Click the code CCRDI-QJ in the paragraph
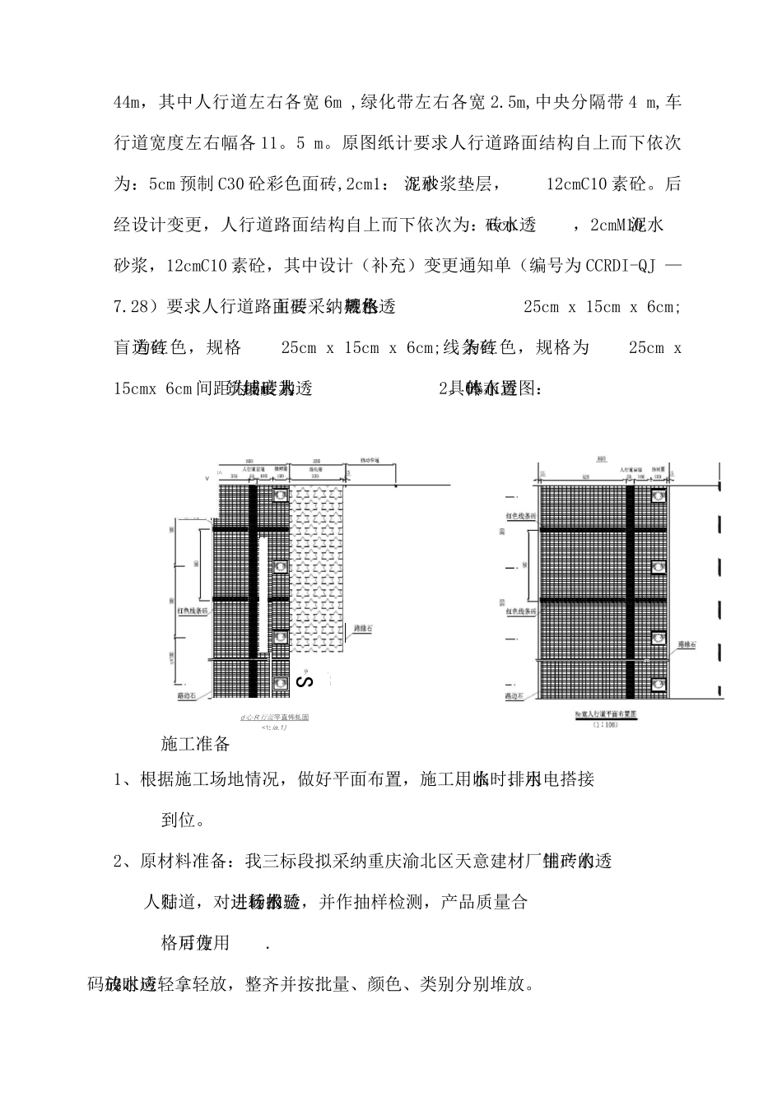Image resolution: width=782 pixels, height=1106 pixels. point(623,266)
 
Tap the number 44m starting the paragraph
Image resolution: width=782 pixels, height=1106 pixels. point(128,103)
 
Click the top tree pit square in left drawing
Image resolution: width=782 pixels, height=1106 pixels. point(282,497)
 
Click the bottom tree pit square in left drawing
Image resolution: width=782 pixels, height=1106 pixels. point(282,682)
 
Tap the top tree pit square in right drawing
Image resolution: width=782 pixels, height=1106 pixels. point(658,497)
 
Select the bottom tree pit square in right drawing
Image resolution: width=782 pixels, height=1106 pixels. point(658,682)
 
